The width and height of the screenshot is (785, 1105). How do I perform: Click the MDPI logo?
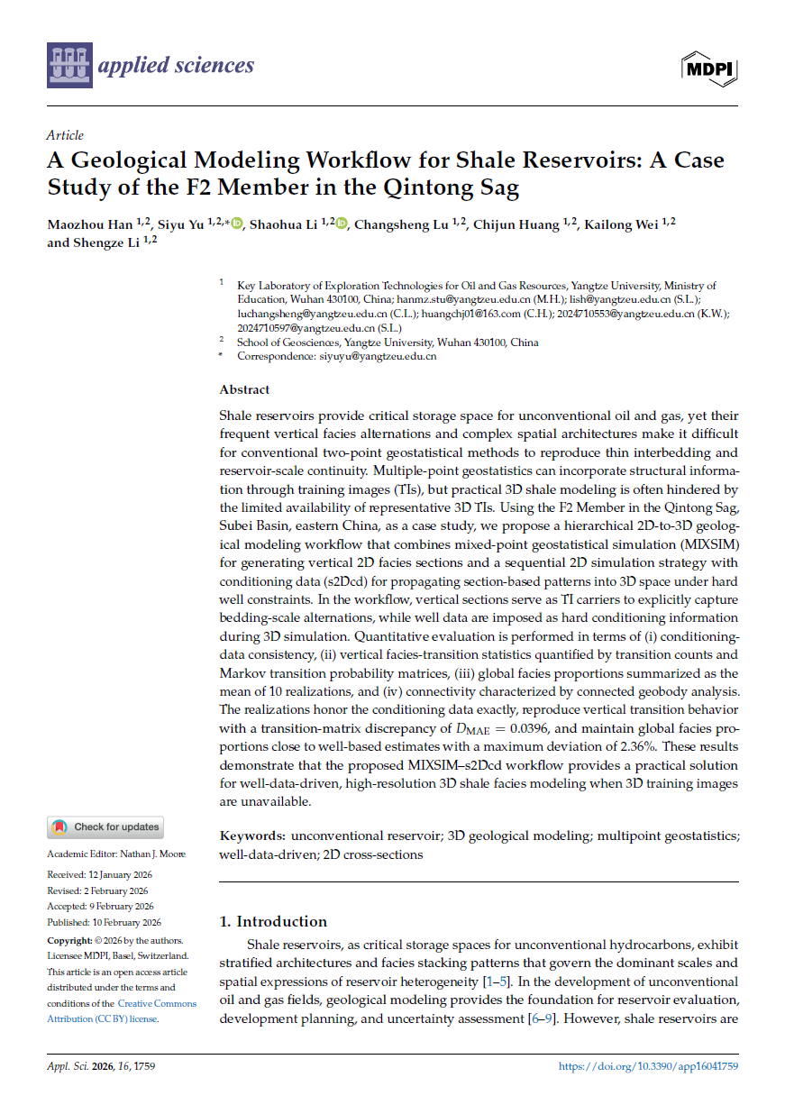[x=711, y=68]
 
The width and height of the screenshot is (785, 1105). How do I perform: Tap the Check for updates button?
[x=105, y=826]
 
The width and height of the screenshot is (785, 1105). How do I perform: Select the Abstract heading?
[x=244, y=389]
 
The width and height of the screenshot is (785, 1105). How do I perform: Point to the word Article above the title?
[x=65, y=135]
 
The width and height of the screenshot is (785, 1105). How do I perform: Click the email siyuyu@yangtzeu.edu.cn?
[x=378, y=356]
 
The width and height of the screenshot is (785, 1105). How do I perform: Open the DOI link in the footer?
[x=648, y=1065]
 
